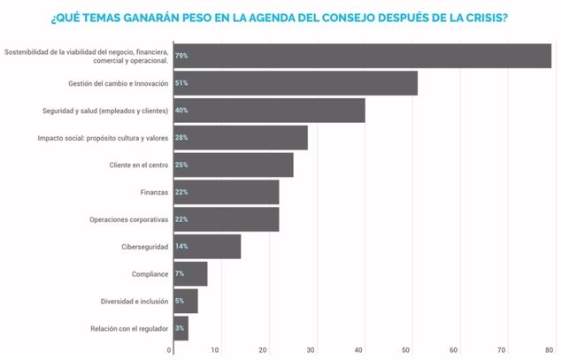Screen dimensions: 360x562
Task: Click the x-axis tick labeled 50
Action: tap(406, 350)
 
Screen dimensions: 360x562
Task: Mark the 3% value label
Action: tap(180, 328)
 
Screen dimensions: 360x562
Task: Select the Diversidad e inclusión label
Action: tap(132, 301)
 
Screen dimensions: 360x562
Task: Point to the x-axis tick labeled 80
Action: tap(549, 350)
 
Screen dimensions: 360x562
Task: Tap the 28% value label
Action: tap(181, 138)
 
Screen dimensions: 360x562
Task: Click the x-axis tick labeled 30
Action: tap(311, 350)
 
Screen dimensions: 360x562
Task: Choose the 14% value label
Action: tap(181, 247)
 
